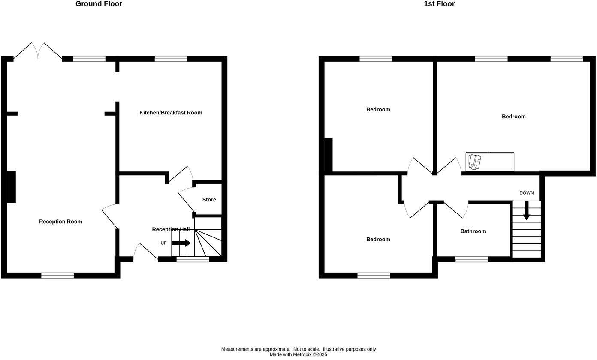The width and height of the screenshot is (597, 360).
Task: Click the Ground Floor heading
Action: [99, 4]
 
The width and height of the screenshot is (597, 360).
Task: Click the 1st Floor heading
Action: [439, 4]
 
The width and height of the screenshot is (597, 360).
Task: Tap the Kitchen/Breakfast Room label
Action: [171, 113]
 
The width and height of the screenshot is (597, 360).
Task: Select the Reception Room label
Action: [60, 222]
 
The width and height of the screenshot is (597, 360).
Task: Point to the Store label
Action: [209, 200]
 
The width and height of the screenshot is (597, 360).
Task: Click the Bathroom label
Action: [473, 231]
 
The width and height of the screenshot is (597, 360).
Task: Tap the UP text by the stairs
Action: [163, 243]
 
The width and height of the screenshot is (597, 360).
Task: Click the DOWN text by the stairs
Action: [527, 193]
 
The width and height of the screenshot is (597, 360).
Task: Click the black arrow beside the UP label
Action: [181, 243]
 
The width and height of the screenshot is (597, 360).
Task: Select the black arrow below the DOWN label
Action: [526, 211]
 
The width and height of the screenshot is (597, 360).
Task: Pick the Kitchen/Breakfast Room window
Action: [171, 59]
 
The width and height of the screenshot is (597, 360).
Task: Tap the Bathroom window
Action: [471, 259]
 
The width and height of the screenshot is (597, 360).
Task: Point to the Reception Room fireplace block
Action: [11, 187]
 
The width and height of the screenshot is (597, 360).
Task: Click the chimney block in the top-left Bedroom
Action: [328, 155]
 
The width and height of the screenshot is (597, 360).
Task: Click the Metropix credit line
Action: [298, 355]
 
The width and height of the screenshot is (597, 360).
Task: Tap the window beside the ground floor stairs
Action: [193, 259]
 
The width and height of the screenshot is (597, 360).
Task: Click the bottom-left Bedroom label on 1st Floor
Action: [378, 240]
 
